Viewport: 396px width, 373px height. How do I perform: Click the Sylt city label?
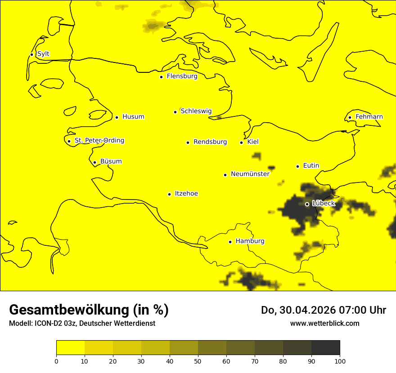43,54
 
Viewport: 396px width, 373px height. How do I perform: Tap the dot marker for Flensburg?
161,77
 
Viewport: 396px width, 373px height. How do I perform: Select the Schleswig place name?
196,111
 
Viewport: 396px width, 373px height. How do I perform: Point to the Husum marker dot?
117,117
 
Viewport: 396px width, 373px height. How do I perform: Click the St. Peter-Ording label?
99,141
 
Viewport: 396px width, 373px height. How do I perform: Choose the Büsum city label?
111,161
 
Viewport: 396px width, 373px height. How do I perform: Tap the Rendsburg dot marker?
188,142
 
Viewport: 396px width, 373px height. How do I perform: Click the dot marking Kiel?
241,142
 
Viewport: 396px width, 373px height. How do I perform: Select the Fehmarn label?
369,117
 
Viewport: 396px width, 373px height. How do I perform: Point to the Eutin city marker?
297,166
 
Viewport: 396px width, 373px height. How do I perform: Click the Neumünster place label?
250,174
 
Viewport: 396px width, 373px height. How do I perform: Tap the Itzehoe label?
186,194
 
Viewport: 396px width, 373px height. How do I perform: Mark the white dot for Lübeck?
307,204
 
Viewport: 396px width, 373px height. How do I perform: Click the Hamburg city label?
250,241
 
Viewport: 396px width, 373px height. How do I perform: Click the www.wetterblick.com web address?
324,323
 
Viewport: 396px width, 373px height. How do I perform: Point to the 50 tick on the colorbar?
198,361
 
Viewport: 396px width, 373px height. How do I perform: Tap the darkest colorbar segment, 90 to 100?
325,348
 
